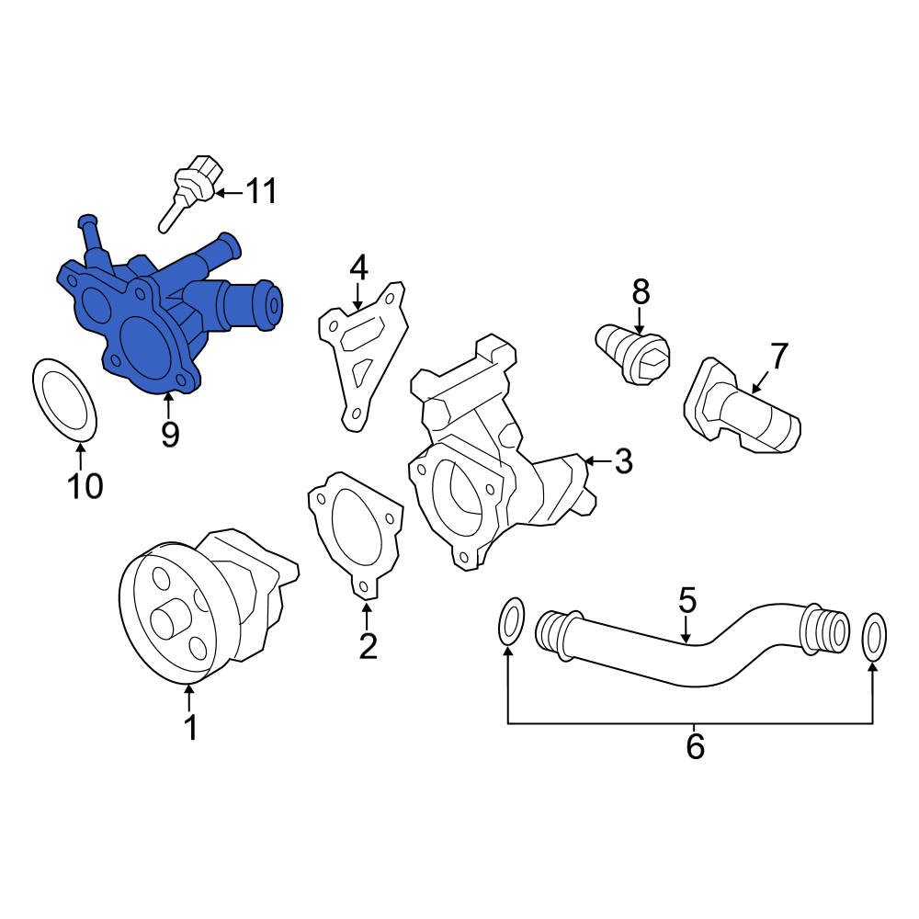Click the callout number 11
click(x=261, y=192)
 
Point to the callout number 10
click(x=85, y=485)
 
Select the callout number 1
click(x=190, y=728)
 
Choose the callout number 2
click(x=368, y=646)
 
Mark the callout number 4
click(x=358, y=267)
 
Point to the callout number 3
click(x=623, y=461)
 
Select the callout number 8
click(x=641, y=292)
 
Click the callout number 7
click(x=778, y=355)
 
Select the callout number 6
click(x=695, y=746)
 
